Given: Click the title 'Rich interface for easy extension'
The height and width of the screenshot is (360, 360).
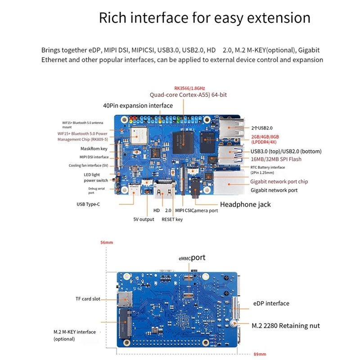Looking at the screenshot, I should pyautogui.click(x=205, y=18).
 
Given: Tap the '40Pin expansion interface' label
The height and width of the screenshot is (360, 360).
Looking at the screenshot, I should pyautogui.click(x=138, y=105).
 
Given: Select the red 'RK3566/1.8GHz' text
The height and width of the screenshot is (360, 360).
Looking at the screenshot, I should pyautogui.click(x=189, y=88).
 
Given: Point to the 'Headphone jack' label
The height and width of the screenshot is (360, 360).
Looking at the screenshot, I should pyautogui.click(x=245, y=204).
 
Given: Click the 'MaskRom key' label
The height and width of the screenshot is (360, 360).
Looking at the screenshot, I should pyautogui.click(x=94, y=148).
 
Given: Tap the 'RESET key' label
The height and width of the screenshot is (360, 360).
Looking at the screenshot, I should pyautogui.click(x=172, y=219).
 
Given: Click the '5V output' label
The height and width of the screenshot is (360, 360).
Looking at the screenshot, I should pyautogui.click(x=144, y=219).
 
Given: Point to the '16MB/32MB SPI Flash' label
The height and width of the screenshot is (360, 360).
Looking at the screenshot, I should pyautogui.click(x=276, y=159).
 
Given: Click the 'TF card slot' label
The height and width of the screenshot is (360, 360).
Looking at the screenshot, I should pyautogui.click(x=88, y=298).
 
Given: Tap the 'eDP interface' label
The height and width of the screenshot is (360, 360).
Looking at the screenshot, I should pyautogui.click(x=271, y=303).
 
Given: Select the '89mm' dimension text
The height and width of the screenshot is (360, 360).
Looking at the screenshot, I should pyautogui.click(x=260, y=354).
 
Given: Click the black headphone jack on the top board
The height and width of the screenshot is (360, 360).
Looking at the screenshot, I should pyautogui.click(x=196, y=185).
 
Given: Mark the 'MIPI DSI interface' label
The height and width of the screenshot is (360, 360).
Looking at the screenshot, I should pyautogui.click(x=94, y=157).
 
